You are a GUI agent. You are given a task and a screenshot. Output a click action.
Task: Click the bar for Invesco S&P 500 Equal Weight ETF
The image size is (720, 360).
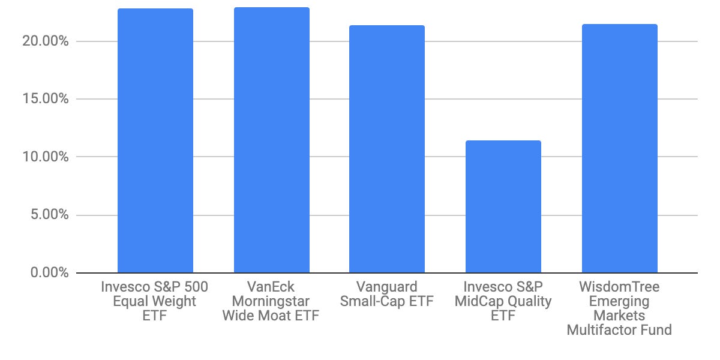tap(155, 141)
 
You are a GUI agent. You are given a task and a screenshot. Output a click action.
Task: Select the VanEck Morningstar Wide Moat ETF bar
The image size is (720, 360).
tap(272, 140)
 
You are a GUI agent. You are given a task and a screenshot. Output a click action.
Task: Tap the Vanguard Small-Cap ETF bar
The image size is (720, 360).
tap(387, 149)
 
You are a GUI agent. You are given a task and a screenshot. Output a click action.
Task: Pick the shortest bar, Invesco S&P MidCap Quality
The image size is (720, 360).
tap(503, 207)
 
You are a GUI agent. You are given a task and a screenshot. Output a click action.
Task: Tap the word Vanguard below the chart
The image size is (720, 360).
tap(387, 287)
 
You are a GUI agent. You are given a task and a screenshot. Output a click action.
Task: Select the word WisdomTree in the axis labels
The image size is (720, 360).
tap(620, 287)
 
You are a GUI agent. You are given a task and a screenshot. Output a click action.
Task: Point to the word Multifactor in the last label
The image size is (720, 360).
tap(620, 330)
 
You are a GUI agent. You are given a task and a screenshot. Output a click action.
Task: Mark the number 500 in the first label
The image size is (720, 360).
tap(194, 287)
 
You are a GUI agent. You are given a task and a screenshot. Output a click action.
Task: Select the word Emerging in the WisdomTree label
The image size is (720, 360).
tap(620, 301)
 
